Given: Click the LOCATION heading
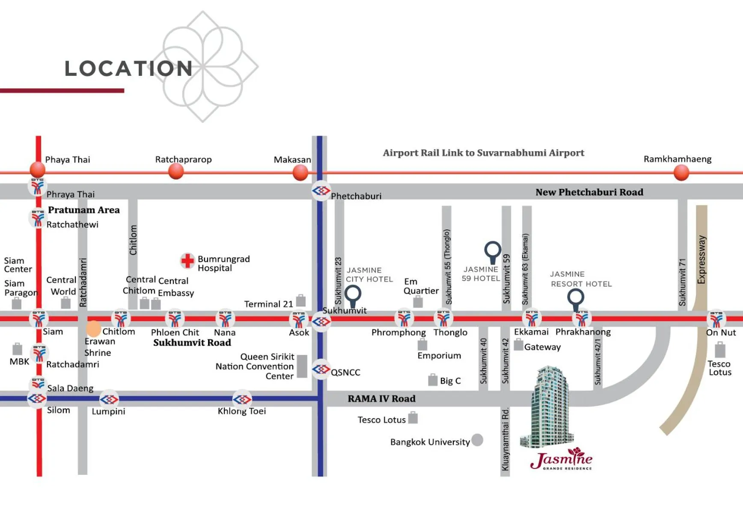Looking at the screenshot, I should pos(128,69).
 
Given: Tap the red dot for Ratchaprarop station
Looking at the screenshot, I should pos(176,172).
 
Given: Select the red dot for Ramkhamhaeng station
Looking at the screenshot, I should pos(681,173).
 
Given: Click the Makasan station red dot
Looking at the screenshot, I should pos(300,173).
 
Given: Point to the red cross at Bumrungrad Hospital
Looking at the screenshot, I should pos(187,260).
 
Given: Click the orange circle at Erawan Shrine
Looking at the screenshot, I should pos(93,328).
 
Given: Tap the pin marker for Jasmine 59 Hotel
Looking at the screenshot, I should pos(493,251).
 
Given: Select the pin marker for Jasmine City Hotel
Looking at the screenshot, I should pos(353,295).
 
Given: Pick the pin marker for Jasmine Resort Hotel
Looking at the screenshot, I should pos(576,297).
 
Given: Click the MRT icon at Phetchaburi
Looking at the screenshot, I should pos(321,191).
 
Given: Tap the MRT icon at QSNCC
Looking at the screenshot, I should pos(321,369).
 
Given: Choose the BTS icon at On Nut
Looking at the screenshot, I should pos(716,319).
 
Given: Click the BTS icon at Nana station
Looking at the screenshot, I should pos(225,319).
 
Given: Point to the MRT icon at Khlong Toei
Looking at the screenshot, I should pos(242,400).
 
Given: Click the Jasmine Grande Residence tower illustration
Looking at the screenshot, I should pos(549,407).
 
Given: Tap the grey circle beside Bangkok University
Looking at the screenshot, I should pos(477,440).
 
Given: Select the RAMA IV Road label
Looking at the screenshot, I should pos(381,399).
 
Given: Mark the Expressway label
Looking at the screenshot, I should pos(701,259).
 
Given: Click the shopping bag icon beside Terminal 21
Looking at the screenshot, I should pos(301,301).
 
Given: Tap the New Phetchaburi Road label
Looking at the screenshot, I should pos(589,192).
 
